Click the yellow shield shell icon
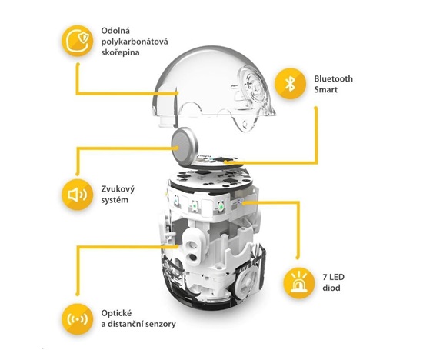pos(78,41)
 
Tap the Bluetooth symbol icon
pos(290,84)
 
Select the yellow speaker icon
pos(78,195)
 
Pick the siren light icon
pos(299,283)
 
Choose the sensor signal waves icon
pos(78,319)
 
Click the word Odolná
pos(115,31)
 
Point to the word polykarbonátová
pos(135,42)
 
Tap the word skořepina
pos(120,52)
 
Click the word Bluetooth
pos(334,78)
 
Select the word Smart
pos(325,89)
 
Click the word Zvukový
pos(118,189)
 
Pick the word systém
pos(115,200)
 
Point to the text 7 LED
pos(334,277)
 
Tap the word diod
pos(331,288)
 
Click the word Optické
pos(117,313)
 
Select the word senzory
pos(161,324)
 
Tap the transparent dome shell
pos(215,86)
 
